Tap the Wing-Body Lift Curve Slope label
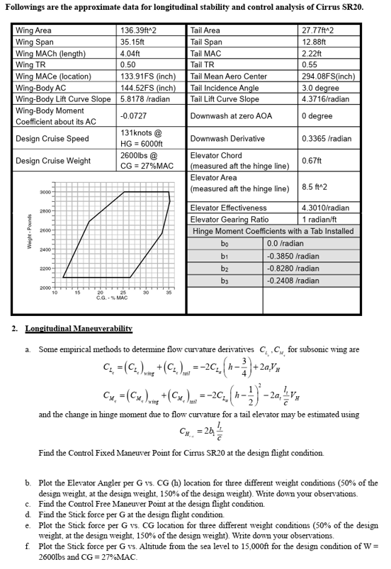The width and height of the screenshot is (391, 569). pos(63,98)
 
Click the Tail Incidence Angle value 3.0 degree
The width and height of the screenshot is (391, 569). pos(319,87)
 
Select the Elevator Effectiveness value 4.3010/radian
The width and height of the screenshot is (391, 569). pos(325,208)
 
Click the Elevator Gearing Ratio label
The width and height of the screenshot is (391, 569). pos(229,219)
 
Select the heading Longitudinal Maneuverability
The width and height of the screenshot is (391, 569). pos(79,329)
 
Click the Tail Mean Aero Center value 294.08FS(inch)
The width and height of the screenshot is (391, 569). pos(327,76)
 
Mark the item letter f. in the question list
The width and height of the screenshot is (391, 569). pos(28,547)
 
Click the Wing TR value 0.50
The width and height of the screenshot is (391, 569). pos(128,64)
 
